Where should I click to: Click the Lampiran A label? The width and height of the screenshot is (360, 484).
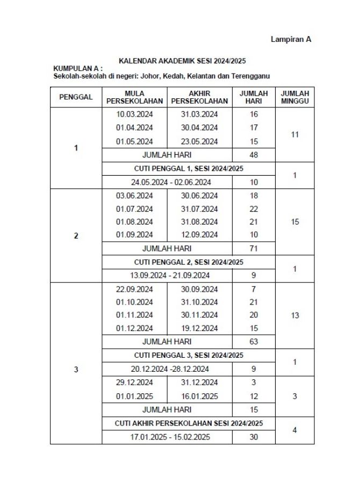point(291,39)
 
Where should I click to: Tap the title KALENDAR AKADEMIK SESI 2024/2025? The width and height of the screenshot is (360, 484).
point(182,61)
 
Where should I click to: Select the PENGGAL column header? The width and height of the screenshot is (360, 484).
point(76,97)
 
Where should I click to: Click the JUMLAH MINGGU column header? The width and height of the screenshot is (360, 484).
point(294,97)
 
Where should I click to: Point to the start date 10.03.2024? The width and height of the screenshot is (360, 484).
point(134,114)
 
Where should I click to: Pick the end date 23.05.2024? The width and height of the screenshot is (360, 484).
point(199,142)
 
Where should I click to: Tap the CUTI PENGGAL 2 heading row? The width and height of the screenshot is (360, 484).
point(188,262)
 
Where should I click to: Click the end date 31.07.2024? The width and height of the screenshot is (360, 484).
point(199,209)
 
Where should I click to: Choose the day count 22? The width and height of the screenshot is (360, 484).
point(254,209)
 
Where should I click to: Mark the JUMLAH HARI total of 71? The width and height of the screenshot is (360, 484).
point(254,249)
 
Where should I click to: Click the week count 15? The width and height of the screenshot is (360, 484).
point(294,222)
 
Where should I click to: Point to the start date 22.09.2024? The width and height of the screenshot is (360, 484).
point(134,289)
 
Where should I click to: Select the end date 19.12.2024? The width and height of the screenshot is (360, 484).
point(199,328)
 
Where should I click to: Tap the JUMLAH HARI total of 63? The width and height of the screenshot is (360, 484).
point(254,341)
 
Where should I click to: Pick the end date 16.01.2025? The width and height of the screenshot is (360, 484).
point(199,396)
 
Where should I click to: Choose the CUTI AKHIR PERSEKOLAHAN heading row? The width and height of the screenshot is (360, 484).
point(188,423)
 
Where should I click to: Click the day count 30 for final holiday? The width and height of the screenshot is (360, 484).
point(254,437)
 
